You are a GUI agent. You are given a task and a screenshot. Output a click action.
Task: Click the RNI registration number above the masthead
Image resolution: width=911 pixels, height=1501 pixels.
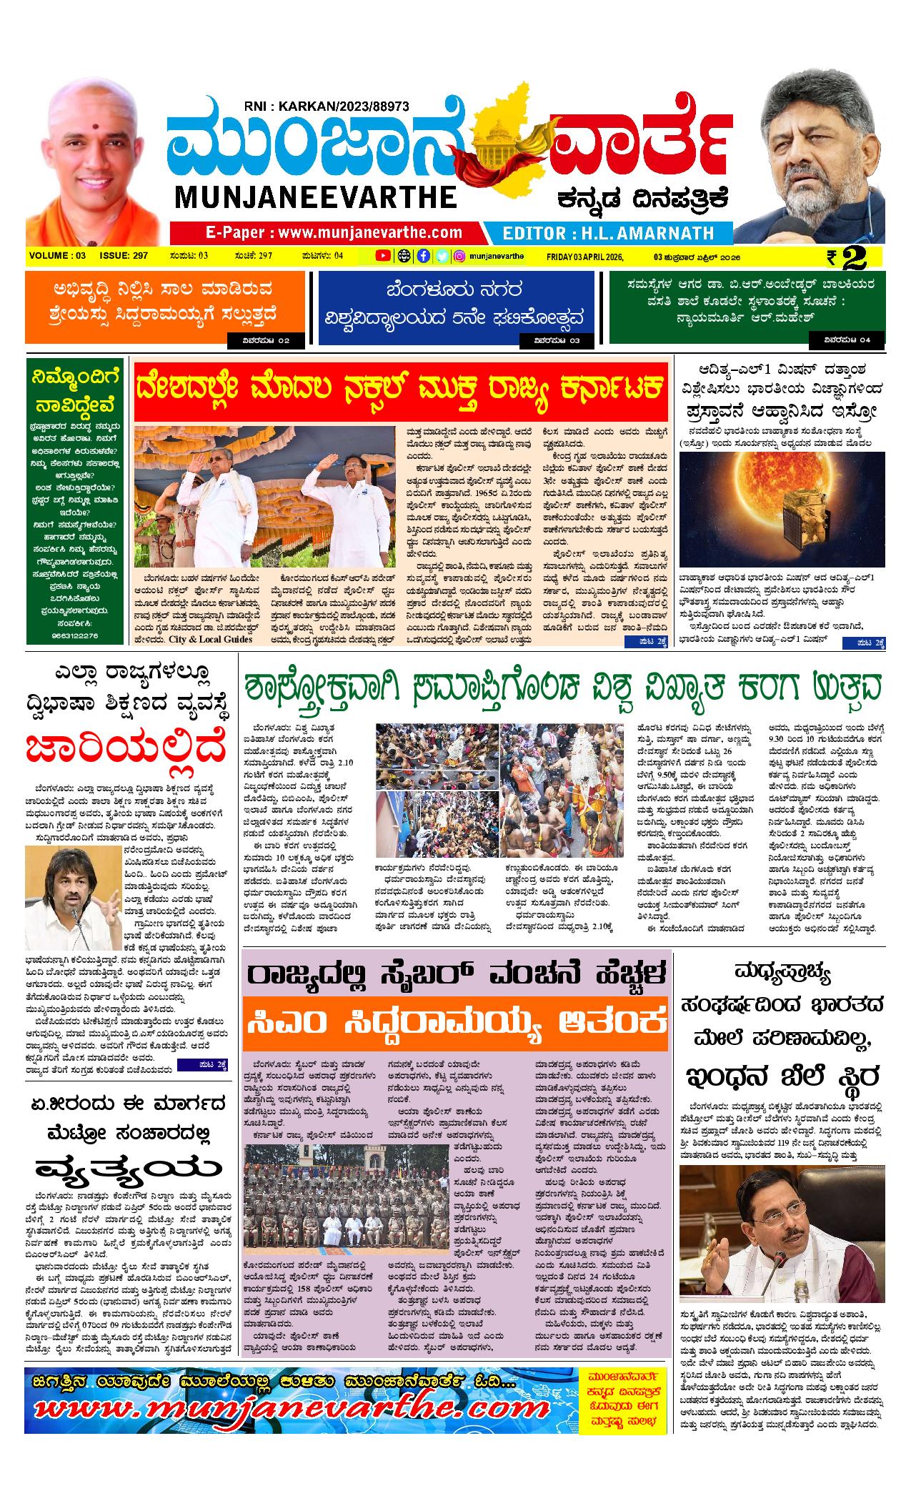click(x=326, y=106)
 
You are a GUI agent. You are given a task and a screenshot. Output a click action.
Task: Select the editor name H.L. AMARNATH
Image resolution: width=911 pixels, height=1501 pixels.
click(x=608, y=233)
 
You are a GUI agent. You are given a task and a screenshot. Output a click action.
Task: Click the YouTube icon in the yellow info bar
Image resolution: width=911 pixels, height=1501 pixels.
click(x=383, y=256)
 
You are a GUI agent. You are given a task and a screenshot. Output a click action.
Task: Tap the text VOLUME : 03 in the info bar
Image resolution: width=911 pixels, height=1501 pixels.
click(x=58, y=256)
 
